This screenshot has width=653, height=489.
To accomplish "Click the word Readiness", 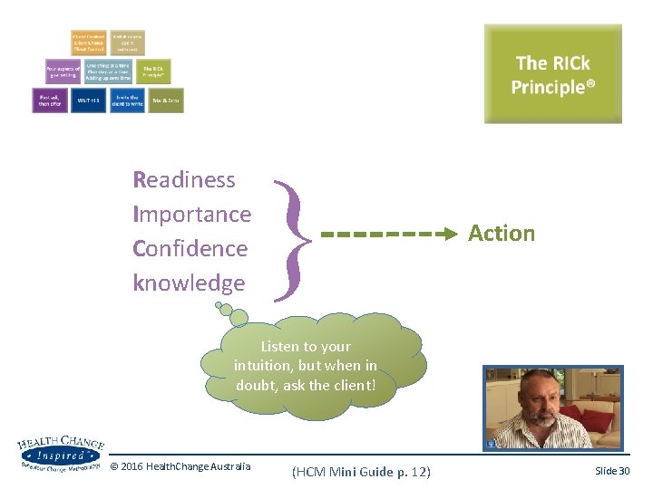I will pyautogui.click(x=184, y=179).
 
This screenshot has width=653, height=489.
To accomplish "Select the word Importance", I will pyautogui.click(x=191, y=214).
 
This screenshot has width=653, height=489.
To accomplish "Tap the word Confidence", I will pyautogui.click(x=190, y=248).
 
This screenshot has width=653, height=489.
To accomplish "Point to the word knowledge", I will pyautogui.click(x=189, y=283).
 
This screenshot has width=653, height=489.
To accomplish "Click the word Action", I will pyautogui.click(x=502, y=234).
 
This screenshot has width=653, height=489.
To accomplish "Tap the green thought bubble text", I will pyautogui.click(x=306, y=366).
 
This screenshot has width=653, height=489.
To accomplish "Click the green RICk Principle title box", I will pyautogui.click(x=552, y=74).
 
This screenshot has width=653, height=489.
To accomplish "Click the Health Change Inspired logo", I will pyautogui.click(x=60, y=453).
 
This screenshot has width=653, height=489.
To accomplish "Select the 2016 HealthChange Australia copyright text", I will pyautogui.click(x=180, y=466).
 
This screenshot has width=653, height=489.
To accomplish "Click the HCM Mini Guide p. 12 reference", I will pyautogui.click(x=361, y=472).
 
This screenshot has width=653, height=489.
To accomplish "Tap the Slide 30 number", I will pyautogui.click(x=612, y=471).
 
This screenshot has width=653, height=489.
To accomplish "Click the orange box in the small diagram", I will pyautogui.click(x=89, y=43).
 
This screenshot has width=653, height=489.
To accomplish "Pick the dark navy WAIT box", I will pyautogui.click(x=88, y=100).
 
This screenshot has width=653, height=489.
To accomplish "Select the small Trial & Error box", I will pyautogui.click(x=166, y=100).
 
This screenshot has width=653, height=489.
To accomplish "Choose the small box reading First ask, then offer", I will pyautogui.click(x=49, y=100).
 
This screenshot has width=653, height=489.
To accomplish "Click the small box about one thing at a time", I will pyautogui.click(x=107, y=72).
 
